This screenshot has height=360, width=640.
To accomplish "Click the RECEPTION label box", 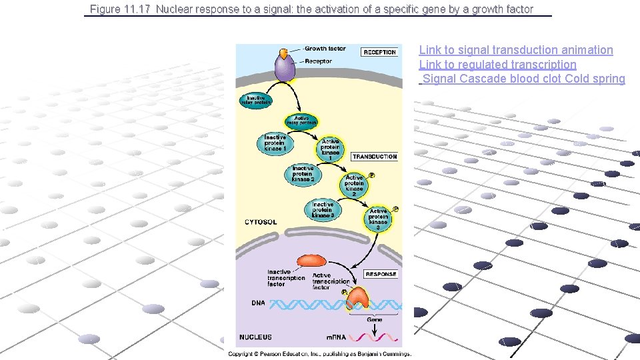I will click(x=379, y=52).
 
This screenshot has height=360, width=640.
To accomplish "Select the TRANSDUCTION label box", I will click(x=375, y=157).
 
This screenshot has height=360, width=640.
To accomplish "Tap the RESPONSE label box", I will click(x=381, y=274).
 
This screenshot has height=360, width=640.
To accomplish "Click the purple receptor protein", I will click(x=285, y=69).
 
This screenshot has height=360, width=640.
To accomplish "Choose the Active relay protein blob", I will click(x=301, y=121).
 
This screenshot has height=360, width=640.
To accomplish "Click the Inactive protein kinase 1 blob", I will click(x=275, y=143).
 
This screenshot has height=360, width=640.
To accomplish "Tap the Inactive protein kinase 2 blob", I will click(x=303, y=175).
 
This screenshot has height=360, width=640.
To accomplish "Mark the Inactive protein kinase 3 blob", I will click(x=323, y=210).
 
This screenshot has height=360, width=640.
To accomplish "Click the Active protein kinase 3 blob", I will click(x=378, y=218).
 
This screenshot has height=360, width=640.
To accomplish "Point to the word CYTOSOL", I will click(x=261, y=222).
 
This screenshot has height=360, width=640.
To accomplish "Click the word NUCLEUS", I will click(x=255, y=337).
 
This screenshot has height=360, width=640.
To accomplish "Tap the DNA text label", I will click(x=258, y=303).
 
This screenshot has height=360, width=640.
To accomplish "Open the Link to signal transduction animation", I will click(x=515, y=50).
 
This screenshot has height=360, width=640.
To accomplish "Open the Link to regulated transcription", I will click(x=497, y=65).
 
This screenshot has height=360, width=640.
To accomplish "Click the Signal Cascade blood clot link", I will click(x=492, y=79).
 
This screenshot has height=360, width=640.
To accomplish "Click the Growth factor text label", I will click(x=325, y=49).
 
